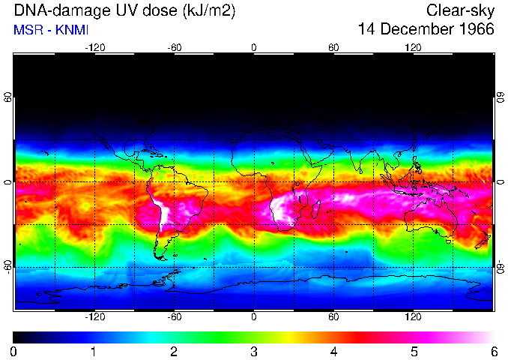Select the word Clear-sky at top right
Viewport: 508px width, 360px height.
pos(461,11)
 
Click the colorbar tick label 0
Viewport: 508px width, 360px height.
pos(13,351)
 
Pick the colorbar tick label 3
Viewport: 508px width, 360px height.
pos(253,351)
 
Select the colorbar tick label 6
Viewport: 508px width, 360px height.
pos(493,351)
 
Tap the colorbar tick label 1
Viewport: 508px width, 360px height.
pos(94,351)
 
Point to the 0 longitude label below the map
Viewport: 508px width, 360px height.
pos(253,316)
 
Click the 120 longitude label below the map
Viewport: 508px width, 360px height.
pos(413,316)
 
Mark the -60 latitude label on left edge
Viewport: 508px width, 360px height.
pos(8,267)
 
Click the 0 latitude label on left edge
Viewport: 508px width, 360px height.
pos(8,182)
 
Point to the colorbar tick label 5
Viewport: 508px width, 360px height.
pos(413,351)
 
